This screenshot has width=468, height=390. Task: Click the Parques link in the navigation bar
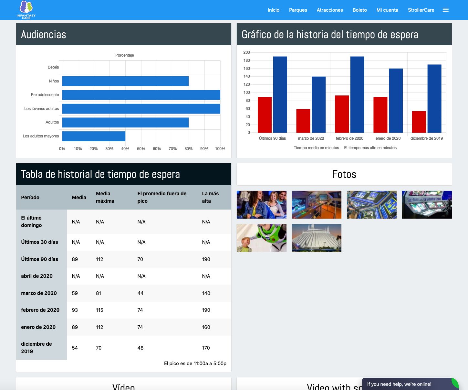298,10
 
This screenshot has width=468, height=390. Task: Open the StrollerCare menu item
421,10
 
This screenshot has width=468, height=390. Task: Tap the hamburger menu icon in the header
446,10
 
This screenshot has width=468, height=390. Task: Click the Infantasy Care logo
26,10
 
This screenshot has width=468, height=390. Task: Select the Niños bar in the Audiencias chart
125,81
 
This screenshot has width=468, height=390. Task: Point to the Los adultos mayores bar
94,136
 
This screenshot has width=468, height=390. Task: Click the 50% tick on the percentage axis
141,149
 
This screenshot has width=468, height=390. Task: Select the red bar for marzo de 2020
303,121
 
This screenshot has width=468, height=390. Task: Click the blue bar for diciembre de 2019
434,99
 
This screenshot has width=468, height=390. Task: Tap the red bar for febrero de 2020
342,114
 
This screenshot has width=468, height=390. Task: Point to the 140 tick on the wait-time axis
246,76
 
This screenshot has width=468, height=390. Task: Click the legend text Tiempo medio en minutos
316,148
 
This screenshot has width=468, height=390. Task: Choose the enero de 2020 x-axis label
388,138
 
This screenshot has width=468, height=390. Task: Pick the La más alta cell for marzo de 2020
206,293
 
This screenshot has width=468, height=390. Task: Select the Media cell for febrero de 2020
75,310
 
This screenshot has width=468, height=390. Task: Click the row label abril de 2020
37,276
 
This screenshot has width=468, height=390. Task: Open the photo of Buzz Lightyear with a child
261,238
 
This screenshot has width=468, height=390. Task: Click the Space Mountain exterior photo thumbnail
317,238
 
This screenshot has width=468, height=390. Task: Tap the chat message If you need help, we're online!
399,384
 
